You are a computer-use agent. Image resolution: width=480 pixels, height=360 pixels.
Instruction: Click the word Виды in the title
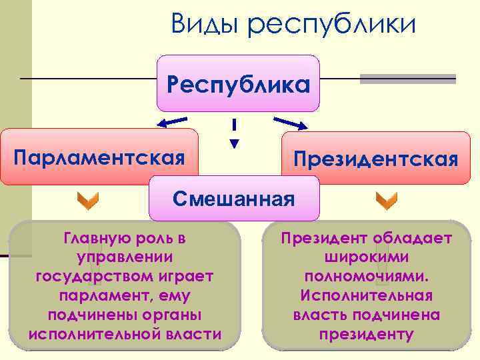pos(204,25)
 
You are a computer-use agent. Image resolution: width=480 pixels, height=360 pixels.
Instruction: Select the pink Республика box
pos(238,83)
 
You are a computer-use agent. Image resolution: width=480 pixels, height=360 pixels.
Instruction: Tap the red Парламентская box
pos(99,157)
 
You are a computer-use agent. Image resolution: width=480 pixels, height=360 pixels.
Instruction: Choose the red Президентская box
pos(377,159)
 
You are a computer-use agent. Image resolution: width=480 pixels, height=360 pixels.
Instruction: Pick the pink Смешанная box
pos(233,198)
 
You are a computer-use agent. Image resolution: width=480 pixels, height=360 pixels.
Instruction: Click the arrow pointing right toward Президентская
pos(290,123)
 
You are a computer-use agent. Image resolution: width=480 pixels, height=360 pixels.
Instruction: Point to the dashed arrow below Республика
pos(234,134)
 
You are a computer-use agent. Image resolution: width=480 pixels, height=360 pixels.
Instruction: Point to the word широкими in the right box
pos(366,257)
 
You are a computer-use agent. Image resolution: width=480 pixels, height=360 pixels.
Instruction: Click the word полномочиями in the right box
pos(367,276)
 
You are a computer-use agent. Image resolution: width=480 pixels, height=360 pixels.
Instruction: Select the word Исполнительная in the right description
pos(367,295)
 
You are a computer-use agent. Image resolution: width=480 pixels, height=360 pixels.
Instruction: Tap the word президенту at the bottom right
pos(366,334)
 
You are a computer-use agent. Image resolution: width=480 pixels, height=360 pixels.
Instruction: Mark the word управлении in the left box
pos(125,257)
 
